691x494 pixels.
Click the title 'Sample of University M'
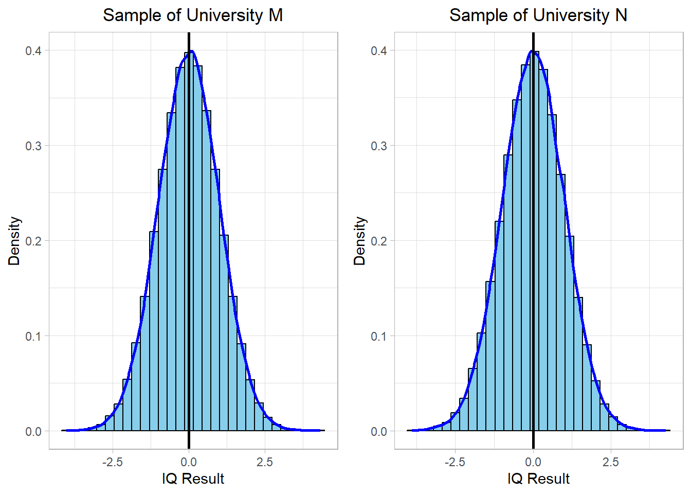(x=193, y=15)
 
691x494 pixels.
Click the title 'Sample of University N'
(x=538, y=15)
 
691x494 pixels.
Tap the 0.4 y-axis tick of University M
(x=33, y=50)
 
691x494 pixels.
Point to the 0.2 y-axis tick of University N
(x=379, y=241)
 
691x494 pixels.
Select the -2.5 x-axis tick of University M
(x=113, y=462)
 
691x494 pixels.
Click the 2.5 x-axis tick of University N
(x=611, y=462)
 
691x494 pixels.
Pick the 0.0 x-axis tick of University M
(x=189, y=462)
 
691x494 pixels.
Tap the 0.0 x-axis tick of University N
(x=533, y=462)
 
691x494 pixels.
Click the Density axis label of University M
(x=14, y=241)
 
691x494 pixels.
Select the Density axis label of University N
(x=360, y=241)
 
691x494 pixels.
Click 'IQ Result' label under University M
(x=193, y=479)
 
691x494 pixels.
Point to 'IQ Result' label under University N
(x=538, y=479)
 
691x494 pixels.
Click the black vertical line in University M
(x=189, y=257)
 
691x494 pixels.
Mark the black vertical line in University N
(x=533, y=257)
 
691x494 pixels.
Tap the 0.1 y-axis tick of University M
(x=33, y=336)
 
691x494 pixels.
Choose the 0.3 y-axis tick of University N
(x=379, y=146)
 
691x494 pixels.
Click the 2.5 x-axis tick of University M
(x=265, y=462)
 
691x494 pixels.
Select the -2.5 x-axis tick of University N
(x=455, y=462)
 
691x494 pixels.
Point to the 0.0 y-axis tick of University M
(x=33, y=431)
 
